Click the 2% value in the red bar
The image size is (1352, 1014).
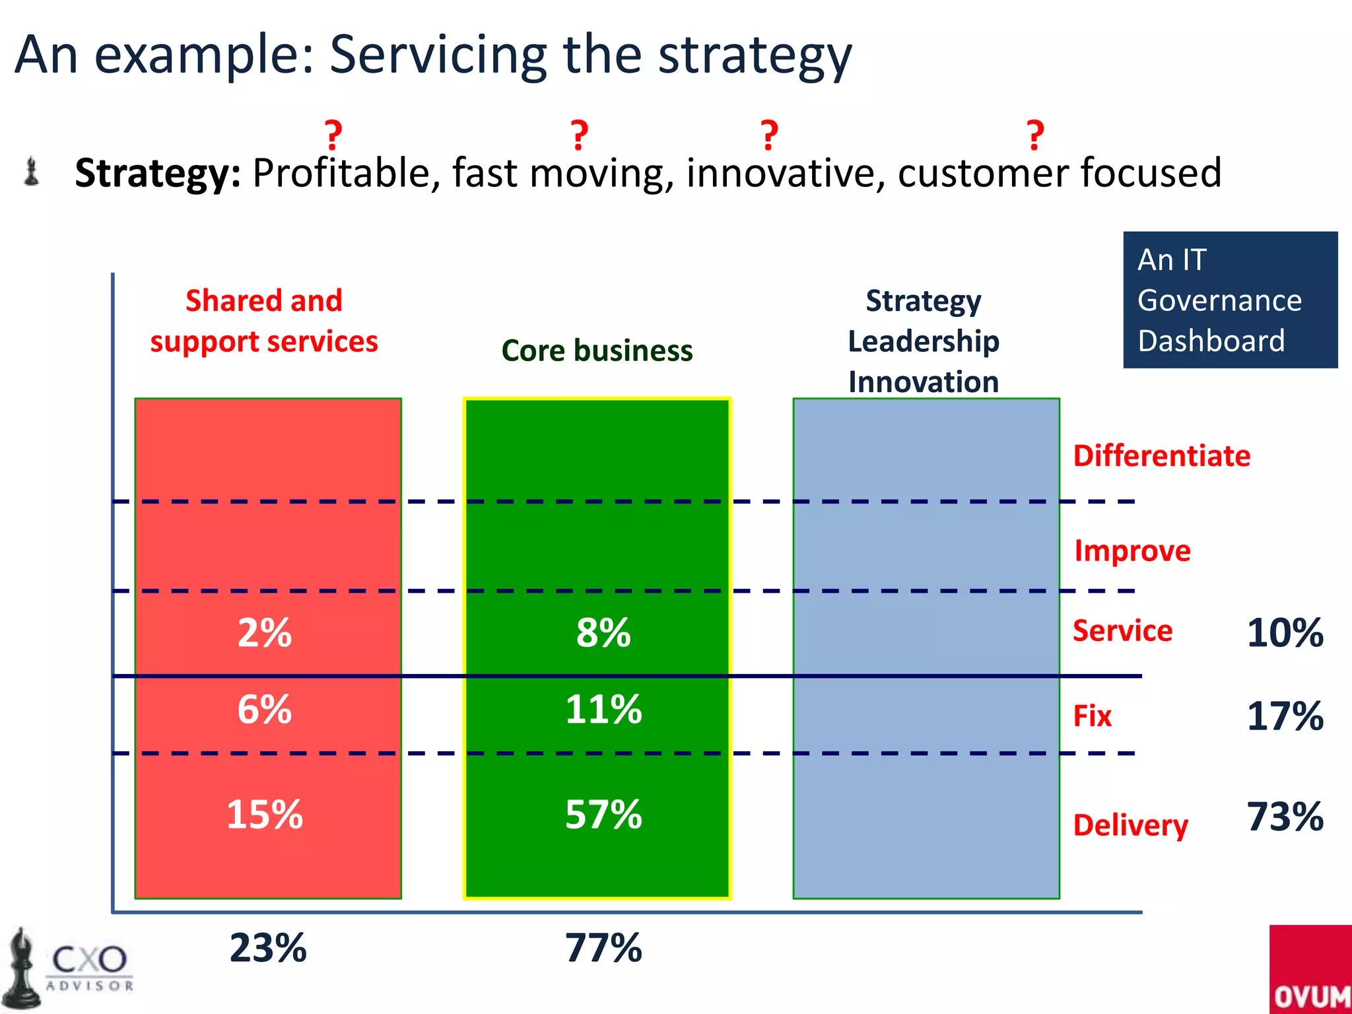coord(265,633)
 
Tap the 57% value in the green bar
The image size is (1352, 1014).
coord(603,814)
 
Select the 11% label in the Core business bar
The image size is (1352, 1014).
coord(603,710)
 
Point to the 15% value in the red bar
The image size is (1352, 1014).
coord(265,814)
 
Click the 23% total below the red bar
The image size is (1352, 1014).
coord(268,948)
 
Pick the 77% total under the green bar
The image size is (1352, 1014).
coord(603,948)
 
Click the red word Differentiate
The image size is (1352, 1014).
coord(1161,456)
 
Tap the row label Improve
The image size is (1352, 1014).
coord(1132,551)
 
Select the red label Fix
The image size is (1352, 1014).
coord(1092,716)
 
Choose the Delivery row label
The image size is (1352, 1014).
coord(1130,825)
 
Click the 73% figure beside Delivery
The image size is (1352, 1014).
coord(1285,817)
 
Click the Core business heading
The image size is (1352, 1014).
coord(597,351)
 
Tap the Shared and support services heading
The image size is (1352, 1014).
coord(264,321)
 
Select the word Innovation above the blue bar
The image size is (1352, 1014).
coord(923,382)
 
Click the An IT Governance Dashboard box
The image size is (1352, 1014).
coord(1230,300)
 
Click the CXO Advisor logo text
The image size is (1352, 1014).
coord(89,965)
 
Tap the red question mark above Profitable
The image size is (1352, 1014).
coord(333,135)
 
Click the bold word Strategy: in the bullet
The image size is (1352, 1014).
coord(158,173)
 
